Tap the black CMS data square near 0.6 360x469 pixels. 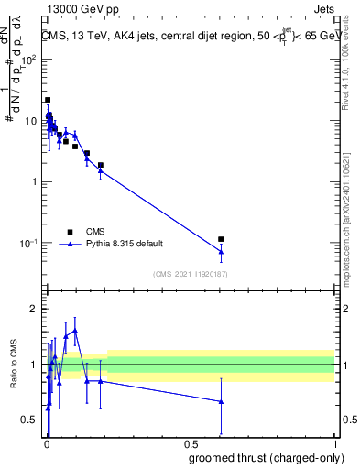point(221,239)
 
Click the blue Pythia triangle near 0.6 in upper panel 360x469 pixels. point(221,252)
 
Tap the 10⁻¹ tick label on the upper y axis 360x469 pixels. point(28,243)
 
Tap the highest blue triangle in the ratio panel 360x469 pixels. point(75,330)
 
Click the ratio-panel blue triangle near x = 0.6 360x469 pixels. point(221,401)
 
